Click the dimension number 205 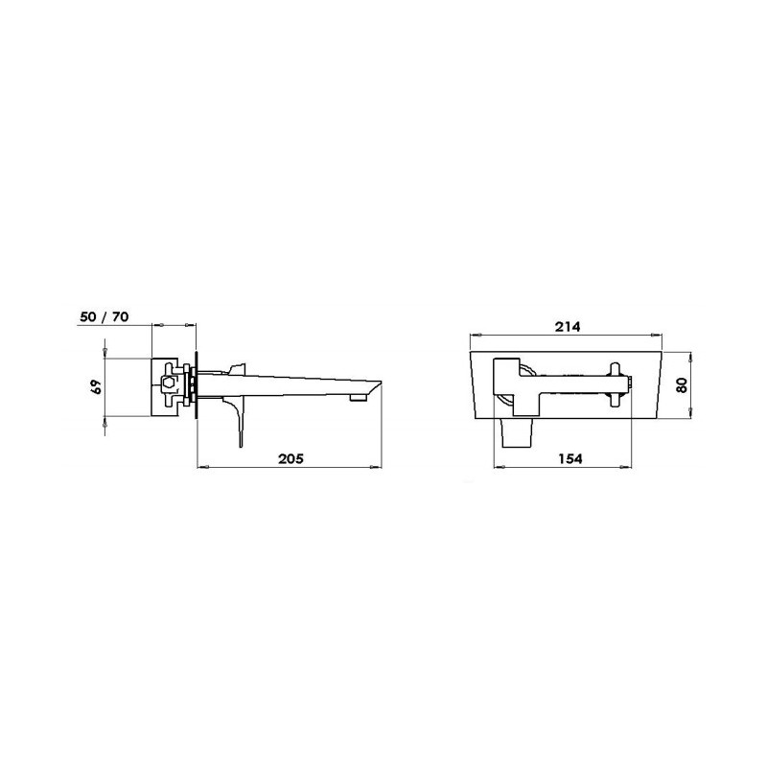click(x=291, y=458)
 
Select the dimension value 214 click(x=568, y=326)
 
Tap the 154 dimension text click(x=569, y=458)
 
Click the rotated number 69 click(x=97, y=387)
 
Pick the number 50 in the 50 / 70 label click(x=88, y=317)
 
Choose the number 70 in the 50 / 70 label click(x=120, y=317)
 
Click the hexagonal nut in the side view click(x=169, y=382)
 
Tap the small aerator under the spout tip click(x=359, y=398)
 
